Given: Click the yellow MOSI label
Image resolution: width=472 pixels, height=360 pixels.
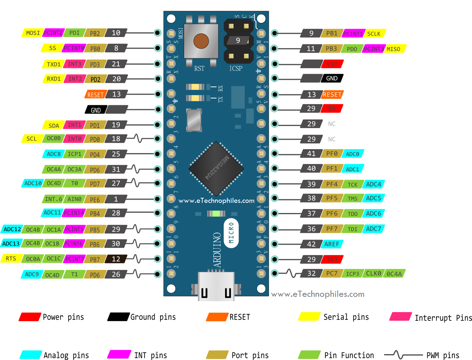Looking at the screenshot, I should click(33, 33).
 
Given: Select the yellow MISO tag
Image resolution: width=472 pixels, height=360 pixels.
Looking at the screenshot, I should click(394, 49).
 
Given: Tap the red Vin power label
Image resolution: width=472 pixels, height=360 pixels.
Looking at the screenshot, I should click(332, 64).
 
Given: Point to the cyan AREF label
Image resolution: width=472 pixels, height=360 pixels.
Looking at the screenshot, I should click(332, 244).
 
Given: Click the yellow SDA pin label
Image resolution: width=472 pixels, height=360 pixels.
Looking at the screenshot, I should click(54, 126).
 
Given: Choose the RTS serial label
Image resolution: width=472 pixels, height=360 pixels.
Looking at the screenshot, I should click(11, 259).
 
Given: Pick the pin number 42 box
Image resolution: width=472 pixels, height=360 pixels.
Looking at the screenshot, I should click(311, 244).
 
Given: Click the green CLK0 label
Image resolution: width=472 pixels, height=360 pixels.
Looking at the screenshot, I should click(373, 274).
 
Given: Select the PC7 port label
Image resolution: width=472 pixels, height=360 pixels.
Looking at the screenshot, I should click(331, 274).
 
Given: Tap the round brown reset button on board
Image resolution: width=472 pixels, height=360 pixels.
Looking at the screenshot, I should click(201, 41).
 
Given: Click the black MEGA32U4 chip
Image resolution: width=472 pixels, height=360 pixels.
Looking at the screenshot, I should click(216, 169).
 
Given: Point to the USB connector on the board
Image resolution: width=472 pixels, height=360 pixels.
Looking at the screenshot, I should click(216, 287).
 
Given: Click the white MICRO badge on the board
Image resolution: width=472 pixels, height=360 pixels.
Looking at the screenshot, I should click(231, 233).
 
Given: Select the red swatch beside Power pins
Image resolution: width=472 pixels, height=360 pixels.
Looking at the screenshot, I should click(30, 317).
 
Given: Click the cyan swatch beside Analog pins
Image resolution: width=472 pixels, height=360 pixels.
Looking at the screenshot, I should click(30, 355).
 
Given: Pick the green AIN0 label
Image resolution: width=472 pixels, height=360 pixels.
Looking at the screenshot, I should click(74, 199).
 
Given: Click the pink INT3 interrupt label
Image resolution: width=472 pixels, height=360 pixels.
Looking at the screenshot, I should click(74, 64).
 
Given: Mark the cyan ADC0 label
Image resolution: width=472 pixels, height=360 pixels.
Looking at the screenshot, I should click(353, 154).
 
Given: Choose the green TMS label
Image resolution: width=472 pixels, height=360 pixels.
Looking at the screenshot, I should click(353, 199).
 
